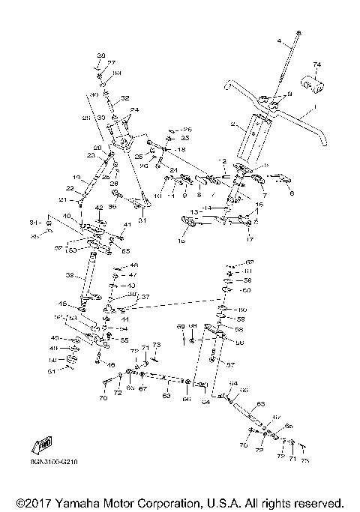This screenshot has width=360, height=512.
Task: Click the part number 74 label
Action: pyautogui.click(x=316, y=65)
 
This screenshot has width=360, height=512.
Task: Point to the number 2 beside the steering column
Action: pyautogui.click(x=233, y=124)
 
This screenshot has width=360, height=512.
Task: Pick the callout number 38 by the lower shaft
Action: pyautogui.click(x=70, y=276)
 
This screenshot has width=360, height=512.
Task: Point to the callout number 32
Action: pyautogui.click(x=125, y=98)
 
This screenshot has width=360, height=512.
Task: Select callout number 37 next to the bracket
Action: pyautogui.click(x=145, y=297)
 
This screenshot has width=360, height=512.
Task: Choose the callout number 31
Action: pyautogui.click(x=142, y=220)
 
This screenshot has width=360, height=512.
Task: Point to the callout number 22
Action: pyautogui.click(x=70, y=187)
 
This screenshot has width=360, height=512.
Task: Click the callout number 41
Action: pyautogui.click(x=127, y=225)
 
